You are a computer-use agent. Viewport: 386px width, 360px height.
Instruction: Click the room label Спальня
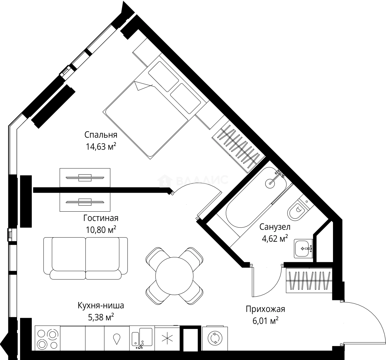pos(101,135)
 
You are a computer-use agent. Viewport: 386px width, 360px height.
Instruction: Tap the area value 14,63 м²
pos(101,146)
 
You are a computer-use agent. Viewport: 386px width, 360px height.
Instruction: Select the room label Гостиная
pos(101,218)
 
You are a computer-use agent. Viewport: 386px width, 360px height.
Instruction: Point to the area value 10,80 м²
pos(101,230)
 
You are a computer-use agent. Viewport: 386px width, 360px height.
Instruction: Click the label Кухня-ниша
pos(101,305)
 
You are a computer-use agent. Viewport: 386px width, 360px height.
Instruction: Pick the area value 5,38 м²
pos(101,317)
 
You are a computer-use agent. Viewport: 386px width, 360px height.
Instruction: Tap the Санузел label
pos(275,227)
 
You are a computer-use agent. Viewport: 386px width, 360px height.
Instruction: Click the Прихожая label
pos(265,309)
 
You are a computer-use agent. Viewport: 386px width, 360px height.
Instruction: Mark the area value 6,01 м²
pos(265,321)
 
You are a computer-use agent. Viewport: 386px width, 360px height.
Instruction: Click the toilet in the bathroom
pos(298,210)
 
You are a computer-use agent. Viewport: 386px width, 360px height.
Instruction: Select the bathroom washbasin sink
pos(303,248)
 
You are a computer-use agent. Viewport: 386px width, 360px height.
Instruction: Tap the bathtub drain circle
pos(270,183)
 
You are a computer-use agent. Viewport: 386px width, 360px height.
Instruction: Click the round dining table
pos(174,275)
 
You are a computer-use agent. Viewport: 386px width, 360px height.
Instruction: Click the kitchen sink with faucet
pos(142,338)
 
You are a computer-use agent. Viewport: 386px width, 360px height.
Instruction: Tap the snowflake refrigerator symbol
pos(166,338)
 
